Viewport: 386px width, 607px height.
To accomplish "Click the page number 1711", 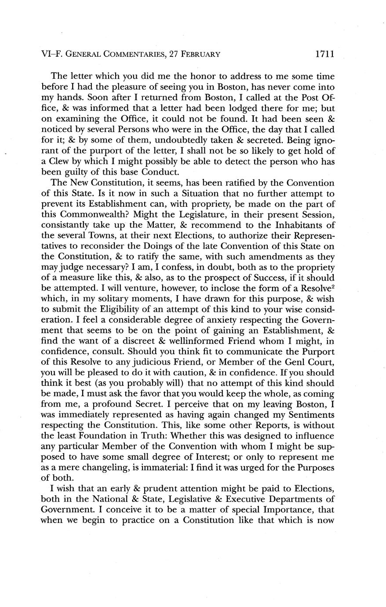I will pyautogui.click(x=325, y=54).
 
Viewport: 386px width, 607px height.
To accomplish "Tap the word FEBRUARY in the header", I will pyautogui.click(x=196, y=55).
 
